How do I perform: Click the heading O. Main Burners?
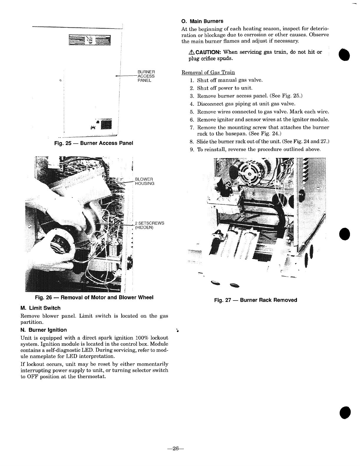[x=202, y=21]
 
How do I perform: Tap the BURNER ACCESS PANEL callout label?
[x=146, y=76]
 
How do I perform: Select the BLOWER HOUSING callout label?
[x=144, y=181]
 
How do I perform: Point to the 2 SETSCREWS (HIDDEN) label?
[x=149, y=225]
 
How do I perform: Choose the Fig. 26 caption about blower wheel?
[x=94, y=297]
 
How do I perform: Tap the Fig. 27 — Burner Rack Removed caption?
[x=255, y=300]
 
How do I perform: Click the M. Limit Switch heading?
[x=40, y=308]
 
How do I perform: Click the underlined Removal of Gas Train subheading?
[x=208, y=72]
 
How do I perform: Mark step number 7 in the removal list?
[x=191, y=128]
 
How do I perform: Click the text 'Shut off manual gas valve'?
[x=230, y=80]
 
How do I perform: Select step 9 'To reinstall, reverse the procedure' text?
[x=259, y=149]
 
